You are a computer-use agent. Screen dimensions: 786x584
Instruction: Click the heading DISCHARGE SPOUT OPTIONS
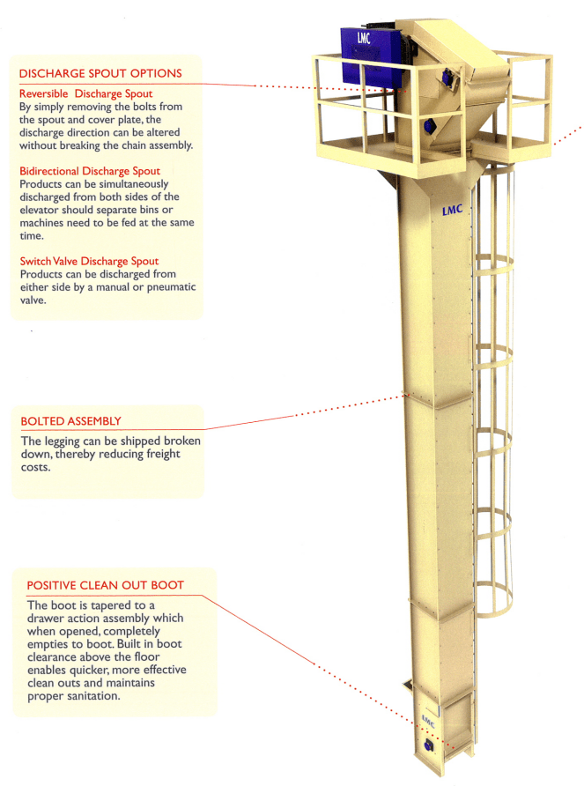(100, 73)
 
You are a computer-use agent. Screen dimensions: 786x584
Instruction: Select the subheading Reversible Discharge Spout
(85, 93)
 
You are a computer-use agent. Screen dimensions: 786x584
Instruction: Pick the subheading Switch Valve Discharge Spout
(89, 262)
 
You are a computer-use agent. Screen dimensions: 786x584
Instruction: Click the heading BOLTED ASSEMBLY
(70, 421)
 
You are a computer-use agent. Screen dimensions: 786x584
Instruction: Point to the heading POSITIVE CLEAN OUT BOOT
(105, 585)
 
